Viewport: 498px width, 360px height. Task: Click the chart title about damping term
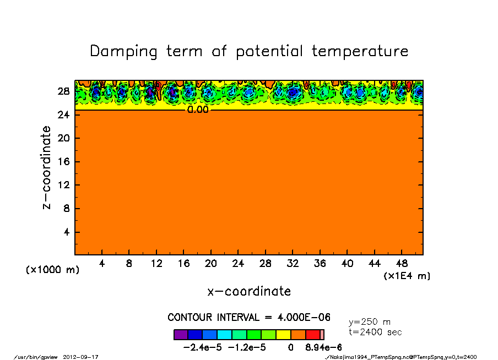pyautogui.click(x=249, y=51)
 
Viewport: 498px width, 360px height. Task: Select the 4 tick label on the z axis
pyautogui.click(x=67, y=232)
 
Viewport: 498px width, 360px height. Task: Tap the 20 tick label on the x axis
pyautogui.click(x=210, y=264)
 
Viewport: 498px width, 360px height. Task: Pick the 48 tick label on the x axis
pyautogui.click(x=402, y=264)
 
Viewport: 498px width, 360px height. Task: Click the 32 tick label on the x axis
pyautogui.click(x=293, y=264)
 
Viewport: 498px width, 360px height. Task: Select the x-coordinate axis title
pyautogui.click(x=249, y=291)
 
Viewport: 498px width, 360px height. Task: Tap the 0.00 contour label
pyautogui.click(x=198, y=110)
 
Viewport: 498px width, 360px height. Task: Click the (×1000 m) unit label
pyautogui.click(x=53, y=270)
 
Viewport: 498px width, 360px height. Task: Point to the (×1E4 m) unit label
pyautogui.click(x=407, y=276)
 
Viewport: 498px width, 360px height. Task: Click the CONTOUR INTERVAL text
pyautogui.click(x=249, y=318)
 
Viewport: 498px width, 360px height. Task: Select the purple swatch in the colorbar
pyautogui.click(x=180, y=335)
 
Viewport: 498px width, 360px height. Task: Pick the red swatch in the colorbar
pyautogui.click(x=313, y=335)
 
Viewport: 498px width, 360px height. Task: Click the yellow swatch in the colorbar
pyautogui.click(x=283, y=335)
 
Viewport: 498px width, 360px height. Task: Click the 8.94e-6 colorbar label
pyautogui.click(x=323, y=347)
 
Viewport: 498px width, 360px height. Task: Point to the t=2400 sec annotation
pyautogui.click(x=375, y=332)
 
